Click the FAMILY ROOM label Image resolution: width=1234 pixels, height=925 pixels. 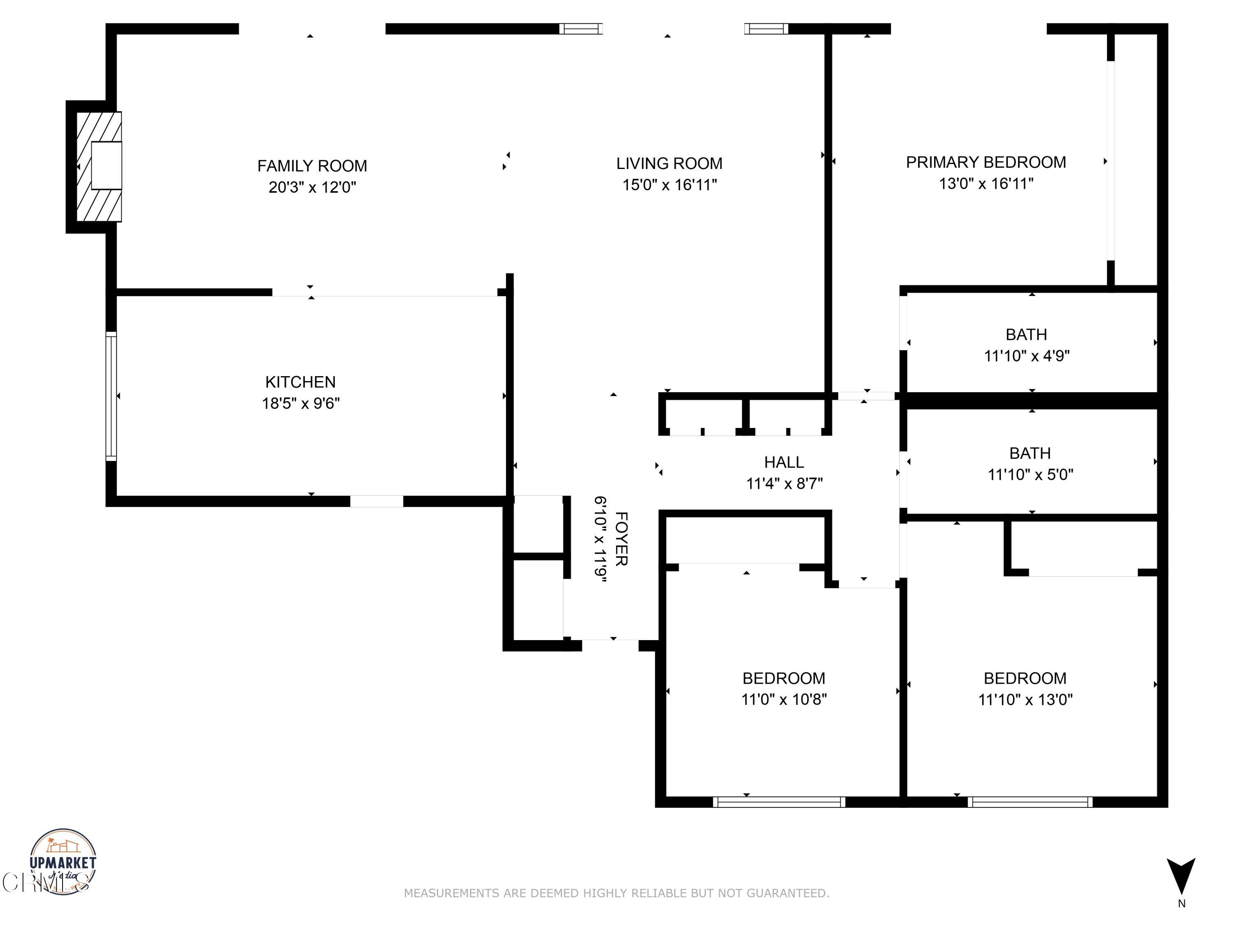point(312,166)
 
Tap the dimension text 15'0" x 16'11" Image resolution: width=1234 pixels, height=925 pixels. point(669,185)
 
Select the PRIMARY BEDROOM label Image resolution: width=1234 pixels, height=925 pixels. point(986,162)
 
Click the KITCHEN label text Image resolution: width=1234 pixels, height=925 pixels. point(300,382)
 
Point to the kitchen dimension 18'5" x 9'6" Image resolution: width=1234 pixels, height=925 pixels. point(301,403)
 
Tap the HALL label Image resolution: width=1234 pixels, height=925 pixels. point(784,462)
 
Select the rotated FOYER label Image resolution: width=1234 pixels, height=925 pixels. point(621,539)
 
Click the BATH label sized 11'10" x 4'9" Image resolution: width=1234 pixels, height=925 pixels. point(1026,335)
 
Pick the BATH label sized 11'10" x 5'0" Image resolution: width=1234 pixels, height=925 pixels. point(1030,453)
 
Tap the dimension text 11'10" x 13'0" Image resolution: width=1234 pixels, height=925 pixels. point(1025,700)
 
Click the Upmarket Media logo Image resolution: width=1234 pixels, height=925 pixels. point(63,861)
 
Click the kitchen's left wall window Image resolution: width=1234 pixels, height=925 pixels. point(111,396)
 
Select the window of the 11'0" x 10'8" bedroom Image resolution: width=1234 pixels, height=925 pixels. point(779,802)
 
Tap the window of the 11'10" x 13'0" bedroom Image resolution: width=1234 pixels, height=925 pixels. point(1030,802)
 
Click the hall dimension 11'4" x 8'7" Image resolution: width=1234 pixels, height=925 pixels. point(784,483)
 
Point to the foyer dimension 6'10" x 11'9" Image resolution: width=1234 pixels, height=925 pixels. point(600,539)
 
